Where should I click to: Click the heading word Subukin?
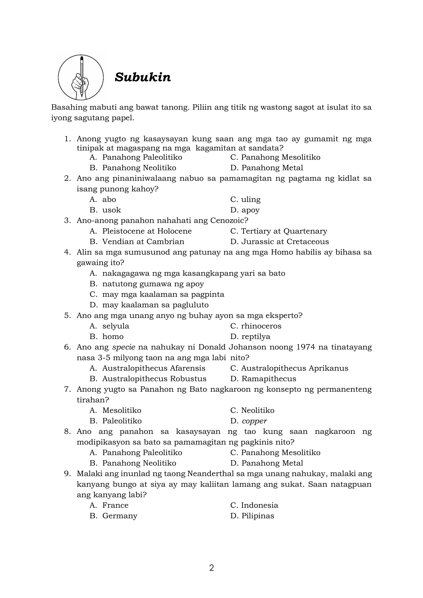pos(143,77)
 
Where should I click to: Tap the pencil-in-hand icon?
pos(81,77)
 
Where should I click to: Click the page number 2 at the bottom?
pos(211,568)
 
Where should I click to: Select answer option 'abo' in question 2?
pos(109,199)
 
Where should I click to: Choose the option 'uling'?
pos(251,199)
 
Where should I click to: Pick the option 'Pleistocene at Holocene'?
pos(147,231)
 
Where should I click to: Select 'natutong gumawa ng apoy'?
pos(153,284)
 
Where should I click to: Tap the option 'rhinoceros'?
pos(261,326)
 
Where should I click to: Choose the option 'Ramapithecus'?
pos(269,379)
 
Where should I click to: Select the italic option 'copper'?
pos(254,421)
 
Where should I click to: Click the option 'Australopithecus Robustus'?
pos(154,379)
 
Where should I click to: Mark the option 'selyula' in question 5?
pos(116,326)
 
